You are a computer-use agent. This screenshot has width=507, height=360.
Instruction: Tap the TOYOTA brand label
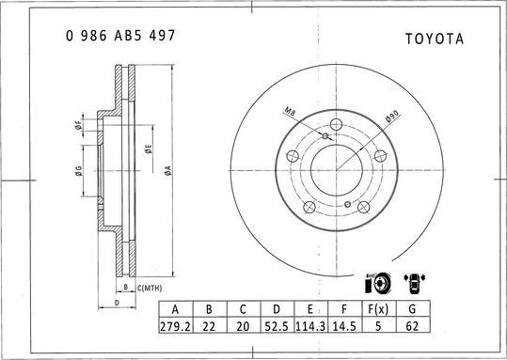[434, 39]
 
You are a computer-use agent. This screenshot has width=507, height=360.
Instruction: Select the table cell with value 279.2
[176, 325]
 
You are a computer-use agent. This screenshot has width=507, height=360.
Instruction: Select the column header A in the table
[176, 308]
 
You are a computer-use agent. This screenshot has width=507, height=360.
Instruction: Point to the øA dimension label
[167, 169]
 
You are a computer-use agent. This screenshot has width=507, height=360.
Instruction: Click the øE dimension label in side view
[148, 148]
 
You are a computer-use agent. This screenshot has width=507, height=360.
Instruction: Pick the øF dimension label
[79, 126]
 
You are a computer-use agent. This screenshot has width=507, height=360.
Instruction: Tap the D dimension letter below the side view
[115, 304]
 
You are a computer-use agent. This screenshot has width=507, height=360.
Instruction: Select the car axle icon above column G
[413, 282]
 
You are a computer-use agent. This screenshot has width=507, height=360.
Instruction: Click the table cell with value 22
[209, 325]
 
